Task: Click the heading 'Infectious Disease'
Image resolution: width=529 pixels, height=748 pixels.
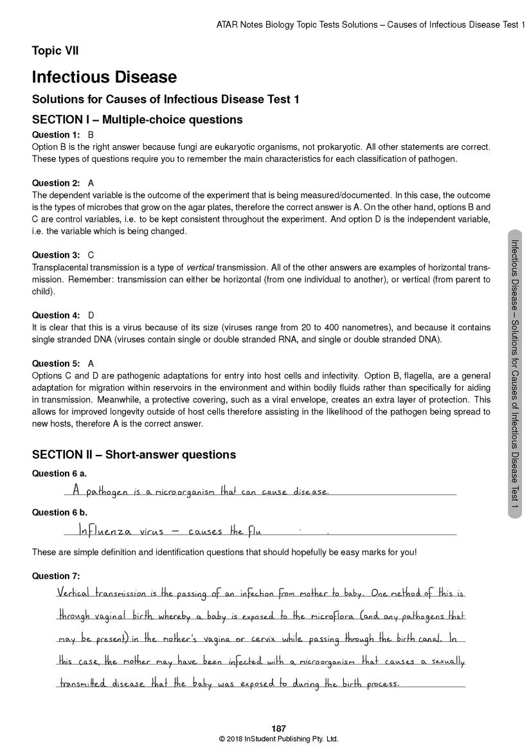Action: pos(104,77)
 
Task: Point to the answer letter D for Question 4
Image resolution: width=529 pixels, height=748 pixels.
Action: pos(91,316)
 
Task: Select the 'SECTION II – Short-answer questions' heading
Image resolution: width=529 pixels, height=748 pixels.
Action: pos(134,455)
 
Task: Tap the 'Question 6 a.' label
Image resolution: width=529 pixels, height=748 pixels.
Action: pos(59,474)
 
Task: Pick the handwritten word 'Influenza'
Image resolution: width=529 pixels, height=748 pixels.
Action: pos(105,531)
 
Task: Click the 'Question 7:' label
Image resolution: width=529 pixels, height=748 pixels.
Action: pos(56,576)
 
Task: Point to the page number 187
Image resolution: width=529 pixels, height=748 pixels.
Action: pos(278,728)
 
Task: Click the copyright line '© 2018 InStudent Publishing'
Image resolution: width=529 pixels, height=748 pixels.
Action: pos(278,739)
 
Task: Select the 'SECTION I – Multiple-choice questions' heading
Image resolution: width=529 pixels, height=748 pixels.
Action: pos(138,120)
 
